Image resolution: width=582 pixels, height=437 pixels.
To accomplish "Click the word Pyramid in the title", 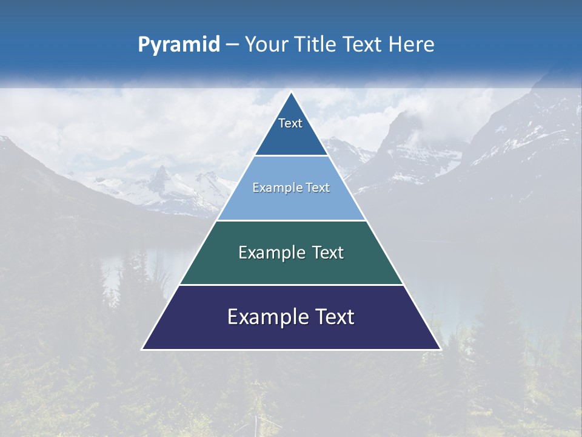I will tap(178, 45).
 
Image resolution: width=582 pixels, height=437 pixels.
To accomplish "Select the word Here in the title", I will tap(412, 45).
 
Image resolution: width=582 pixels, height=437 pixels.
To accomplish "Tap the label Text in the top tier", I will tap(290, 123).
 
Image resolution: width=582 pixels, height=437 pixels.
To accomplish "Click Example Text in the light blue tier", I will tap(291, 188).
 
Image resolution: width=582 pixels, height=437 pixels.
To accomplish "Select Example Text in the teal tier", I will tap(291, 252).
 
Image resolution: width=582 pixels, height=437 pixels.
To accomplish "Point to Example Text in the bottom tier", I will tap(291, 317).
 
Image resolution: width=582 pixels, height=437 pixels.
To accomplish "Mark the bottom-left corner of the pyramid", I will tap(142, 349).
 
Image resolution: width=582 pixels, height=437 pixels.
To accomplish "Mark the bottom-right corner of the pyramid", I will tap(440, 349).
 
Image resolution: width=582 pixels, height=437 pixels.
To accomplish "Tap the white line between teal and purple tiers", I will tap(291, 285).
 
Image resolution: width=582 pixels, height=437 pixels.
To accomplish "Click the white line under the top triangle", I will tap(291, 156).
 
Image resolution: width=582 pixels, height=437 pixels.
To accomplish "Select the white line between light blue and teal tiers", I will tap(291, 220).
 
